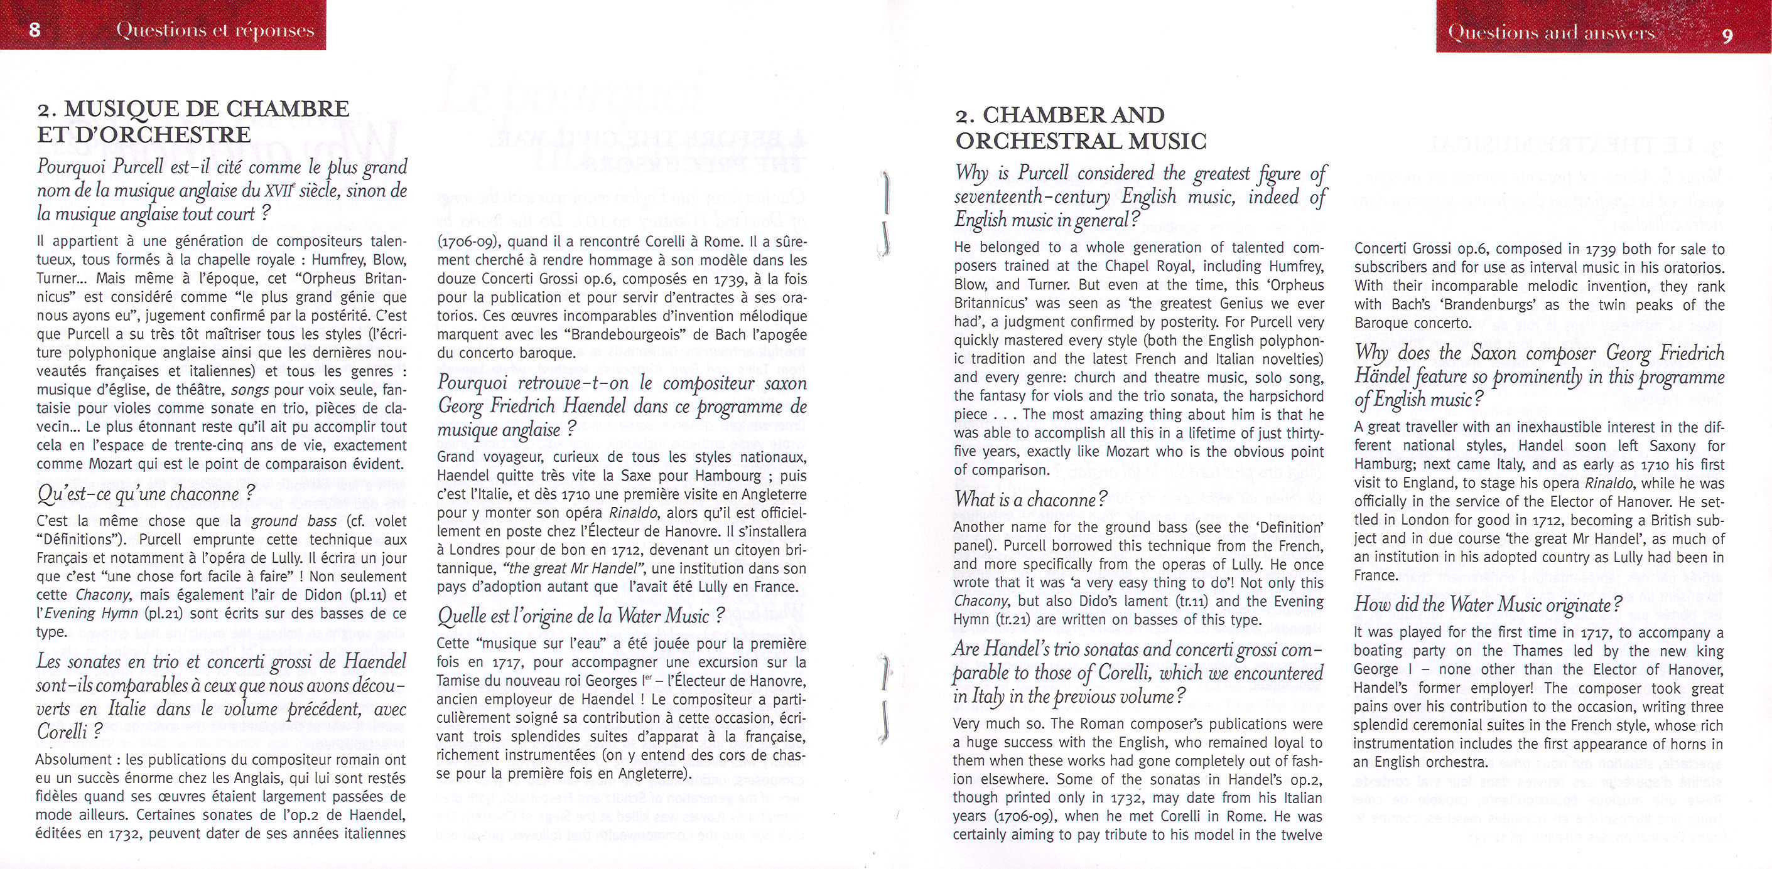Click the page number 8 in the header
(35, 30)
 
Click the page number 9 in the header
(1727, 35)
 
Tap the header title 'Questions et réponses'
(215, 30)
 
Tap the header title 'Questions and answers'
(1551, 32)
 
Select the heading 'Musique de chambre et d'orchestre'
(193, 121)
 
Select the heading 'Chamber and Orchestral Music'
(1081, 128)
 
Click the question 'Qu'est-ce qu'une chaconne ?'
(146, 494)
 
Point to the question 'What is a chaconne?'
(1030, 499)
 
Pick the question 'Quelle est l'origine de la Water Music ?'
(581, 615)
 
